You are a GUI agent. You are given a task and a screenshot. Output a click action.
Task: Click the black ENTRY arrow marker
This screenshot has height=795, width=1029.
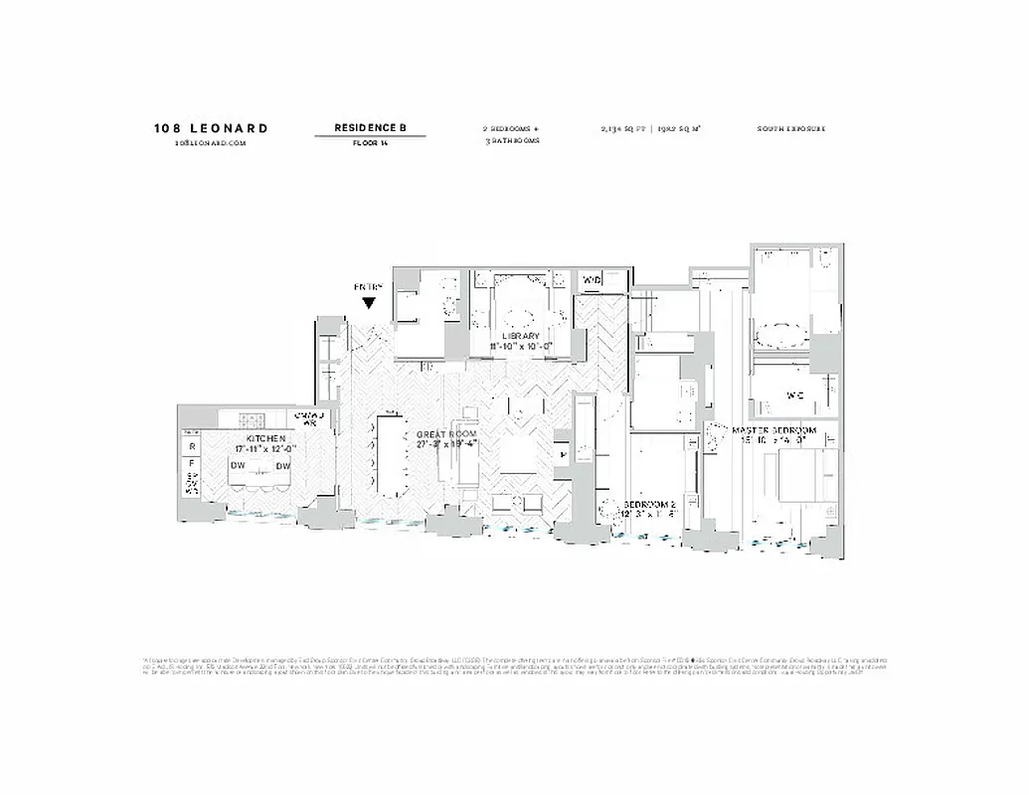click(369, 303)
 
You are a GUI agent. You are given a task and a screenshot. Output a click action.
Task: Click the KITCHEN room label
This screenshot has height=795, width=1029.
click(265, 438)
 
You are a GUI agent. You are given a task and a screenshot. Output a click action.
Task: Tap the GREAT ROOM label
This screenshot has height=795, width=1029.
click(446, 435)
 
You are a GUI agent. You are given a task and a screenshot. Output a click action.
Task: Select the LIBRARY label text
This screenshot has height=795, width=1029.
click(520, 336)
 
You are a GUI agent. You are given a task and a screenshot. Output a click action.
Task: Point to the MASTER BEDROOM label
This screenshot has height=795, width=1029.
click(773, 430)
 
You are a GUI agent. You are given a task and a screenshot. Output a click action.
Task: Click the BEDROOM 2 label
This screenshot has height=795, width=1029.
click(650, 505)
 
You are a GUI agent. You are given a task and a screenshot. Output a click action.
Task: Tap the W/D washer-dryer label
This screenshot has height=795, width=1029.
click(592, 280)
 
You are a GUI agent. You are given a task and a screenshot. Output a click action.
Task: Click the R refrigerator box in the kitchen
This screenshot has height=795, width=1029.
click(191, 447)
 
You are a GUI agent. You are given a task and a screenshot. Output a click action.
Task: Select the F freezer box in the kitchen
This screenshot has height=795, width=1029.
click(191, 463)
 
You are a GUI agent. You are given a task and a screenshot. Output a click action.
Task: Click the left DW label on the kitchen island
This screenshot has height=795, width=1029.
click(237, 466)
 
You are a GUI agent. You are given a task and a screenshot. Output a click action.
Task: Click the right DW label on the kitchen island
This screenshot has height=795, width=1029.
click(282, 466)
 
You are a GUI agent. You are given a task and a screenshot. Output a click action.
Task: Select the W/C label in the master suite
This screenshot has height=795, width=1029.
click(794, 395)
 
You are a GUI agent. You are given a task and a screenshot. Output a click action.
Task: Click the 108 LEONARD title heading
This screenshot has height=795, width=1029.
click(211, 128)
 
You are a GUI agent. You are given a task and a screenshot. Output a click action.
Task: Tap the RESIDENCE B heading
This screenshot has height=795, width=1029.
click(370, 128)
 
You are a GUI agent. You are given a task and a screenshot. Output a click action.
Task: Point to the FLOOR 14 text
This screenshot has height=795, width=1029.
click(370, 143)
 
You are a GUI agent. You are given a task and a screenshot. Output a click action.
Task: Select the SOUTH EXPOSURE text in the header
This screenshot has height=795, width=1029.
click(791, 129)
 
